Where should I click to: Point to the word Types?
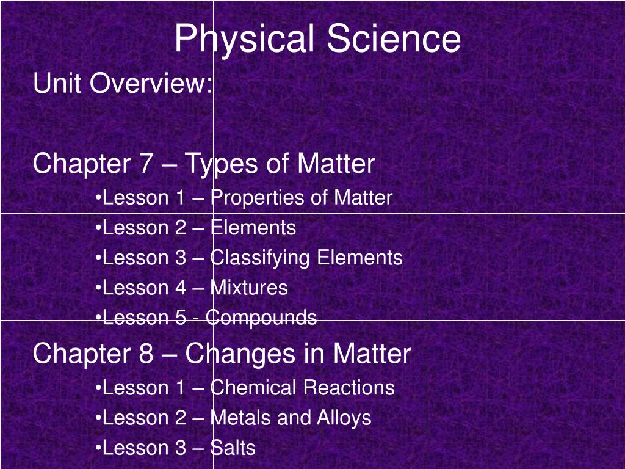point(222,165)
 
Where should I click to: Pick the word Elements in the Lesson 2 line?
point(253,228)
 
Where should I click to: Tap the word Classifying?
point(260,258)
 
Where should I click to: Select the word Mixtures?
point(249,288)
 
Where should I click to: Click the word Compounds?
point(261,318)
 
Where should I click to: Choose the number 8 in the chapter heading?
point(145,354)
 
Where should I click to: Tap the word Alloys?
point(344,418)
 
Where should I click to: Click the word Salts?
point(233,448)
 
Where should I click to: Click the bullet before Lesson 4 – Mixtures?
point(99,288)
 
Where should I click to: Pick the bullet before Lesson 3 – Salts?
point(99,448)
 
